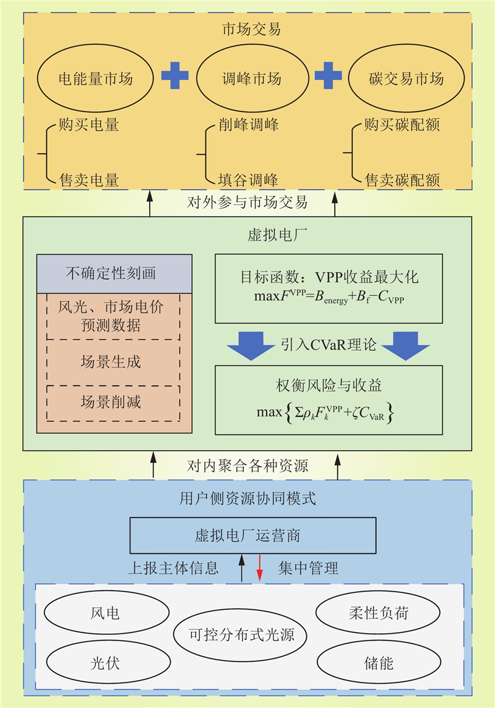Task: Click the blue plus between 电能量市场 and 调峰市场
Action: pos(174,76)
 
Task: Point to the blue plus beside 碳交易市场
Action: pos(328,76)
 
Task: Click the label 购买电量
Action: pos(89,124)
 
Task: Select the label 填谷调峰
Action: pos(248,180)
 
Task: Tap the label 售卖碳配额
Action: pos(402,180)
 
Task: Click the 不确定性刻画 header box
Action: pos(114,274)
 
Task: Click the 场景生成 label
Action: pos(111,361)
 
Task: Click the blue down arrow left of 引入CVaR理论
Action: pos(251,346)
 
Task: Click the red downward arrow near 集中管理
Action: pos(259,568)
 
